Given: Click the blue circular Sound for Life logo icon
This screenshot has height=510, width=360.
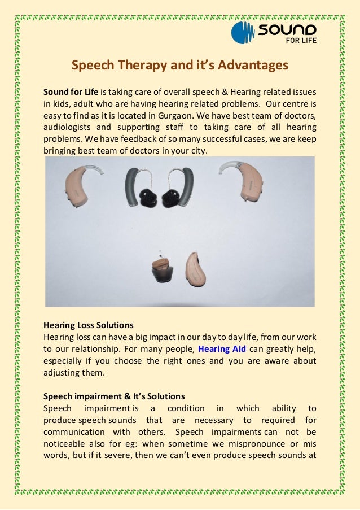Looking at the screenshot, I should (x=243, y=32).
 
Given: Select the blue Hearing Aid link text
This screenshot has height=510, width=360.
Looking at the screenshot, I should (x=222, y=349).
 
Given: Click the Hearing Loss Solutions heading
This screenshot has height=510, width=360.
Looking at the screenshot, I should (x=89, y=325).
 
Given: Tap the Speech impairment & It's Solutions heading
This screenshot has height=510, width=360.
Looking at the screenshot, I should (x=114, y=396).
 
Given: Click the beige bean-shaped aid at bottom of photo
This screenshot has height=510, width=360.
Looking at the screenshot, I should (x=195, y=269).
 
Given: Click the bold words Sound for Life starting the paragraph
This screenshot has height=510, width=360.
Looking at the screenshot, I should (x=71, y=91).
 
